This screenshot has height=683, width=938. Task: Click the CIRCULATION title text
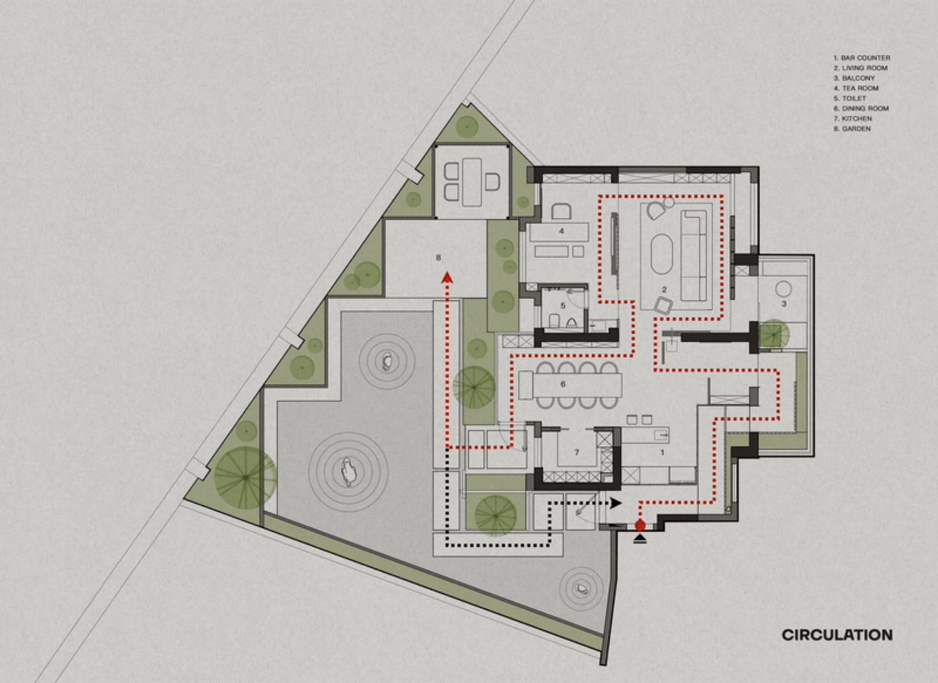click(x=837, y=635)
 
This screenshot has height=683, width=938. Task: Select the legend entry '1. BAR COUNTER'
click(x=862, y=58)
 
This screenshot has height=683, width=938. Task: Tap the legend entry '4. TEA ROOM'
click(x=856, y=88)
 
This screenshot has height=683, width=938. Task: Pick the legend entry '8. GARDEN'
click(x=852, y=129)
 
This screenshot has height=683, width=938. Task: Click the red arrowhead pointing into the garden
click(x=447, y=278)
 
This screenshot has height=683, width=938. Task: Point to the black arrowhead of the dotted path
click(x=616, y=503)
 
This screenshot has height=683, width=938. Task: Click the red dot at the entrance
click(x=640, y=525)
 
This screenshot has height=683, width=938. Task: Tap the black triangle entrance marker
click(x=640, y=538)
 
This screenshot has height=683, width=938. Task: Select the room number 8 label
click(x=438, y=257)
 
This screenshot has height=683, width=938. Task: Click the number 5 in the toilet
click(x=563, y=306)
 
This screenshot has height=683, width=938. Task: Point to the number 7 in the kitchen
click(x=576, y=453)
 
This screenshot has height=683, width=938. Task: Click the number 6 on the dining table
click(x=563, y=384)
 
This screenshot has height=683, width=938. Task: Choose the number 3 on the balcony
click(x=784, y=304)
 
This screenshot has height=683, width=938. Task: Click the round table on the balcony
click(x=783, y=289)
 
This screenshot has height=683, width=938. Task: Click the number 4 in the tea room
click(x=561, y=231)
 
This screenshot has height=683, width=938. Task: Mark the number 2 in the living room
click(x=664, y=290)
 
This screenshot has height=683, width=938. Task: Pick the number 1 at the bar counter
click(x=662, y=453)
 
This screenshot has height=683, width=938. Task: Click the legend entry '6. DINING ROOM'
click(x=861, y=108)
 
